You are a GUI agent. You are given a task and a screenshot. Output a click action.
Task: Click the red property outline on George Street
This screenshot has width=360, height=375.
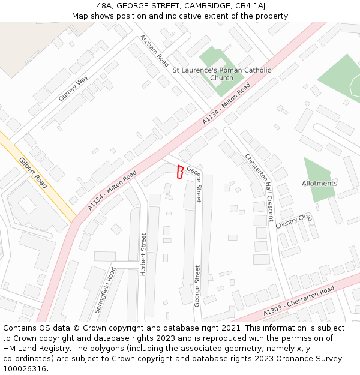click(180, 172)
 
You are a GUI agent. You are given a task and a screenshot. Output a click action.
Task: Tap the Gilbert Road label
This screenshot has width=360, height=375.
click(32, 173)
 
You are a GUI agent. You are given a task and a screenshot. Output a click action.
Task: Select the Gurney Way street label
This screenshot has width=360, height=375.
click(73, 88)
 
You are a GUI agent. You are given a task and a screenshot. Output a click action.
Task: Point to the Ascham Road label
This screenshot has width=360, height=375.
click(154, 50)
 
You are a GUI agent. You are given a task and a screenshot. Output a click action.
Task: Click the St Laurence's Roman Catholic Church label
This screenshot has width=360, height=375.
click(221, 74)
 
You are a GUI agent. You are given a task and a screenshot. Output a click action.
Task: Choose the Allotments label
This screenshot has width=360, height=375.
click(319, 183)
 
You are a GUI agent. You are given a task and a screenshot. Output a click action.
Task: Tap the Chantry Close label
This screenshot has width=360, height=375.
click(294, 221)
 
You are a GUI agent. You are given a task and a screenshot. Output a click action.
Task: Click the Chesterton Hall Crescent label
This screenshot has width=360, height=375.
click(259, 187)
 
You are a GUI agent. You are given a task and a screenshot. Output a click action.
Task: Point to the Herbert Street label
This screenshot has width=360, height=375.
click(143, 254)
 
